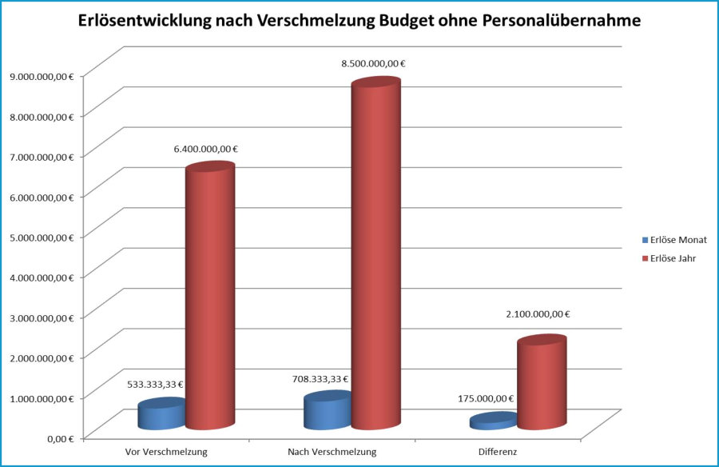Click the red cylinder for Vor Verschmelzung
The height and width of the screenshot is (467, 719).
coord(210,296)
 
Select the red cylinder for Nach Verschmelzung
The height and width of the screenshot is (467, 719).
coord(375,256)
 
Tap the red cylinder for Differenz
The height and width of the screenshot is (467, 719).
coord(541,384)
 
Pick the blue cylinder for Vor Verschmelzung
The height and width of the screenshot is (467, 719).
coord(162,416)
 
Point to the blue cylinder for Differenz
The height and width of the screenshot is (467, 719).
coord(493,421)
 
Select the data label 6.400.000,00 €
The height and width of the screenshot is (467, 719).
coord(206,148)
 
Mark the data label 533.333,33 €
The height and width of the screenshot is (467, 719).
coord(155,384)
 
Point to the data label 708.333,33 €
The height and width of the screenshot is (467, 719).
coord(320,378)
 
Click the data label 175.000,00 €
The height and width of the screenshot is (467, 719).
coord(486,397)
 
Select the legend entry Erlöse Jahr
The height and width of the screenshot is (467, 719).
coord(673,258)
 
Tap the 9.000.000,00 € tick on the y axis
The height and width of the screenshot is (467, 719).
coord(39,76)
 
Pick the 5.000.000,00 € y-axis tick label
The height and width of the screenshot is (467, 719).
coord(39,237)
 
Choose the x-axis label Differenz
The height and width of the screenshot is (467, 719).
coord(498,452)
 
